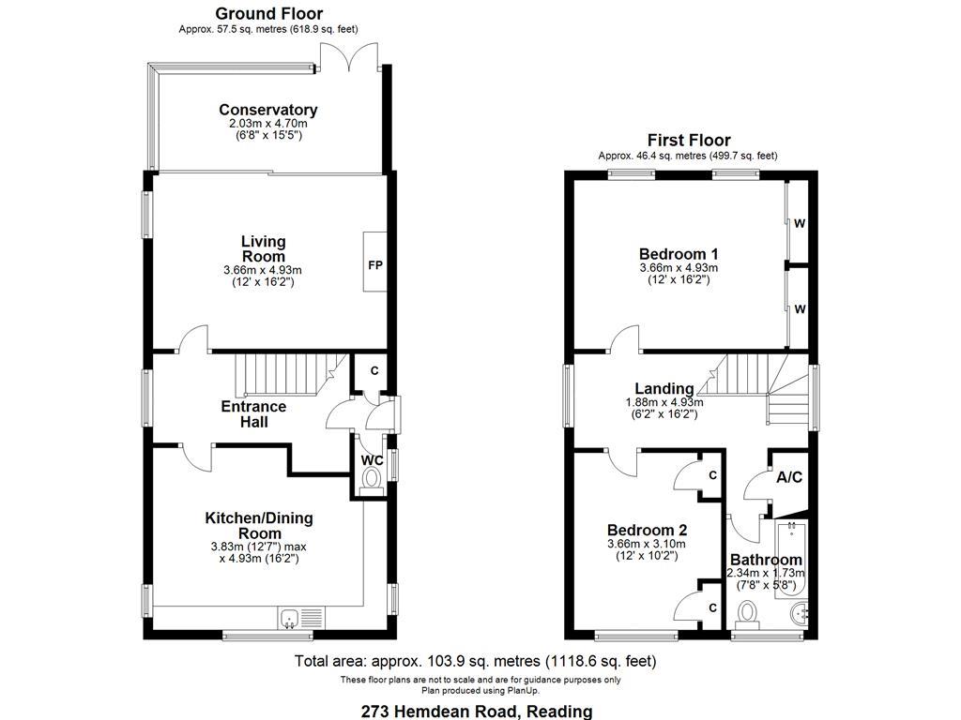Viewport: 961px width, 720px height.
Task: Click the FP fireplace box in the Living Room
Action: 374,265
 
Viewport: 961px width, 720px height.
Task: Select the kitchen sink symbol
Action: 290,618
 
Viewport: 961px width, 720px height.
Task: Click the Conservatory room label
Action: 267,110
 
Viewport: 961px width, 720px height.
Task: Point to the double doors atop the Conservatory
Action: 349,58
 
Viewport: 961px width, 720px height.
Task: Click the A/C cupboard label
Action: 789,477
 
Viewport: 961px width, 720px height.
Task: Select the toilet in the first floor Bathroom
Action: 748,613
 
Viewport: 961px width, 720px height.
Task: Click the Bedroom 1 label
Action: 679,253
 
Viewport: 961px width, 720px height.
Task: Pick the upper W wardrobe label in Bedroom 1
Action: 800,223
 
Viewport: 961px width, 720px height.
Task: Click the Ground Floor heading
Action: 268,13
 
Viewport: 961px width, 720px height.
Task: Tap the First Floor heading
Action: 688,140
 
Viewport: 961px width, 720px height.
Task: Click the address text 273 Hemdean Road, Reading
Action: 477,711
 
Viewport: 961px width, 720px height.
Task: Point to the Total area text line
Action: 476,661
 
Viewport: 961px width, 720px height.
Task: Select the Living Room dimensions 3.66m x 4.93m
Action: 262,270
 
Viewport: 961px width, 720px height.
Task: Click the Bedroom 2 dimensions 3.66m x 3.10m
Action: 646,544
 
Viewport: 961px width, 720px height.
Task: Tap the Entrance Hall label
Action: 253,413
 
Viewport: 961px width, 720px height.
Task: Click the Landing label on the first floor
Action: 664,388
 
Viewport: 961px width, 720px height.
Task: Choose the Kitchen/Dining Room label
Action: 259,525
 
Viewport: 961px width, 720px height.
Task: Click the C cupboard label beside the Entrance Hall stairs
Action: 374,371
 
